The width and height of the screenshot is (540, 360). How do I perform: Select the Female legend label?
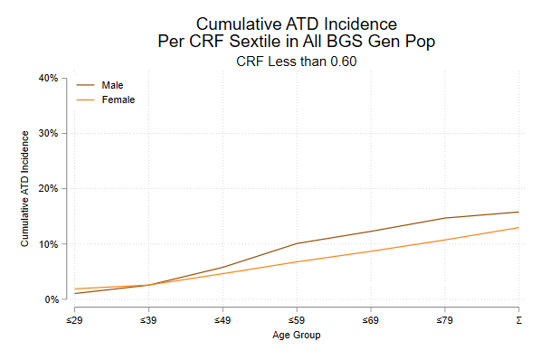118,99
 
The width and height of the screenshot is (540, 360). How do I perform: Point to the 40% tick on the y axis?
48,79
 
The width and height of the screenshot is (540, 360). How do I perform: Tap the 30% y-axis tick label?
48,134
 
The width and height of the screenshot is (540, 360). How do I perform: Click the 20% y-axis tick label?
48,189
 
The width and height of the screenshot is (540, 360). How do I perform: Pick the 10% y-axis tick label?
48,244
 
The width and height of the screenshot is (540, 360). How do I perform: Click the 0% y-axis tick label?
51,299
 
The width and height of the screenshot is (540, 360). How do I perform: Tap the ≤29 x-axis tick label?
74,320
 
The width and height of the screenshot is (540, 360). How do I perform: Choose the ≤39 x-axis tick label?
148,320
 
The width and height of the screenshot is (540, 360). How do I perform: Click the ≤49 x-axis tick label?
223,320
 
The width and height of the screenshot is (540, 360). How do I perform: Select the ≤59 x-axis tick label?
297,320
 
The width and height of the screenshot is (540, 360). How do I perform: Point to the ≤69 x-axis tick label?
371,320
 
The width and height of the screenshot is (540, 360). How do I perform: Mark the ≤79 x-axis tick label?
444,320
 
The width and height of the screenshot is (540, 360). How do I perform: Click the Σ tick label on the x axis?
518,320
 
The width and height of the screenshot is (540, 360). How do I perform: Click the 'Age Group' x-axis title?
297,336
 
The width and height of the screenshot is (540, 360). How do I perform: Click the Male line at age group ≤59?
297,243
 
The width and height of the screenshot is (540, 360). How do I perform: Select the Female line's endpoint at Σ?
518,227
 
